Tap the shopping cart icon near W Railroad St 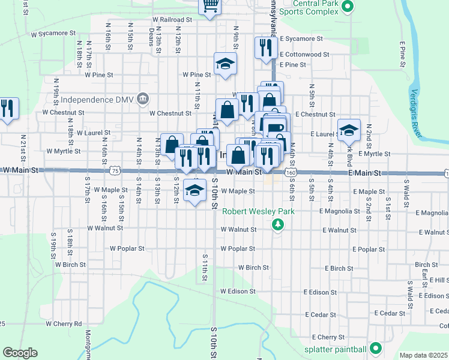click(210, 6)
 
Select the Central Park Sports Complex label click(308, 7)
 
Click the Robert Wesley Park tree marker click(277, 224)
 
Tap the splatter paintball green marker click(376, 348)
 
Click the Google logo click(20, 353)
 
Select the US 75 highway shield click(114, 172)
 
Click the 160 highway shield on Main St click(291, 172)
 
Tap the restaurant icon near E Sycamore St click(265, 47)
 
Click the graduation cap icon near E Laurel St click(348, 129)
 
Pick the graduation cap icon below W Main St click(194, 191)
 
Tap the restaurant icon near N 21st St click(7, 108)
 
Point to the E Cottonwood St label click(304, 54)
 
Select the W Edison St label click(238, 292)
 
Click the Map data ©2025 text click(423, 355)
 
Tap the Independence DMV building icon click(143, 98)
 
